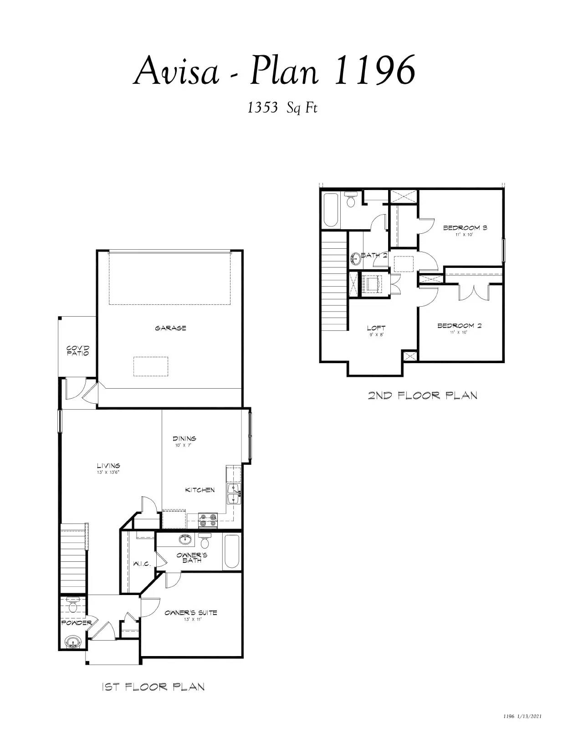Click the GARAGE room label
(170, 328)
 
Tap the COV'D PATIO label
(78, 351)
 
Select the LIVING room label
(108, 466)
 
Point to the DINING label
(184, 438)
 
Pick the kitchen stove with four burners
(208, 520)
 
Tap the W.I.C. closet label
(142, 564)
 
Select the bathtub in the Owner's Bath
(231, 552)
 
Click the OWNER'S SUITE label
(191, 613)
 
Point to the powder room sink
(72, 642)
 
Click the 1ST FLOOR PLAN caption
(153, 687)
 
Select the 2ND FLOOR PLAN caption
(423, 395)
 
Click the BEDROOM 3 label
(465, 228)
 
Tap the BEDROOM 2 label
(460, 326)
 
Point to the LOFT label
(376, 328)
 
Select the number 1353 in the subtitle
(262, 108)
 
